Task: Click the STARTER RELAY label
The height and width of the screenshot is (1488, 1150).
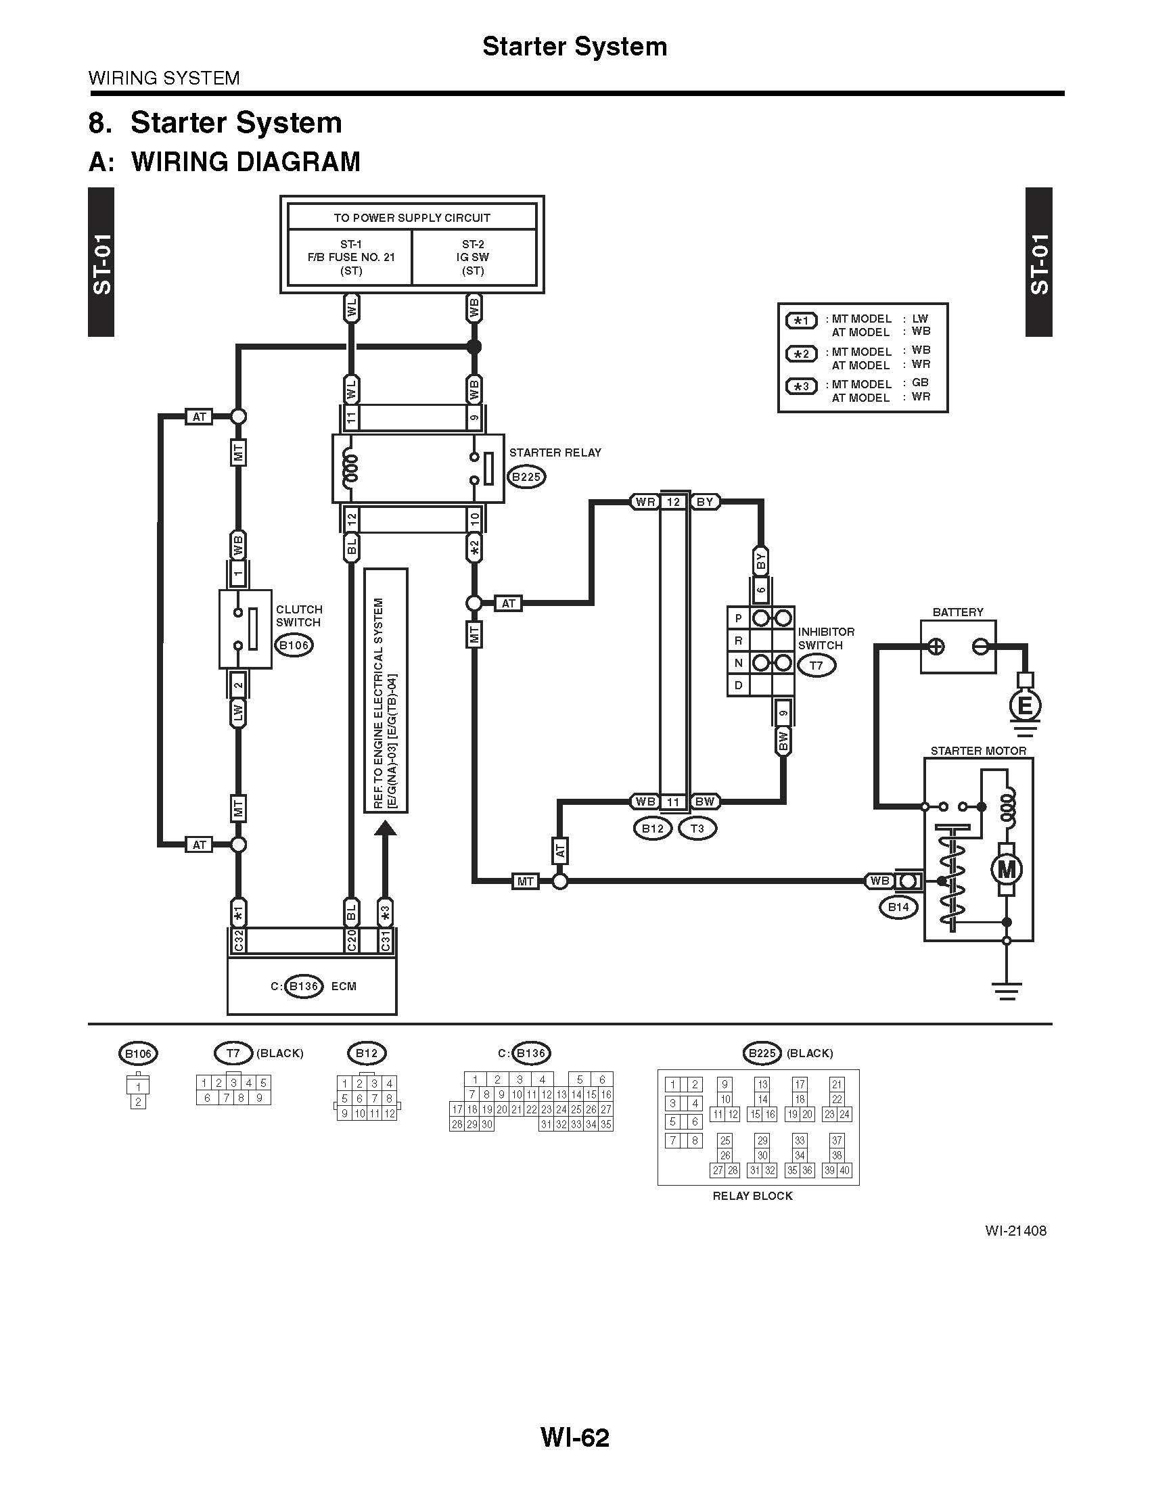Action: [x=555, y=452]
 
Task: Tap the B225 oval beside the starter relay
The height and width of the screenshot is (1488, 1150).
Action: [x=526, y=477]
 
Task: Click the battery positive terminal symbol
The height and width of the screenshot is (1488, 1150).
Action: [x=937, y=647]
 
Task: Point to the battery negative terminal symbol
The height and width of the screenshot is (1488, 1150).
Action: [x=981, y=647]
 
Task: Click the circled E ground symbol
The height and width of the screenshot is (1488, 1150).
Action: [x=1024, y=706]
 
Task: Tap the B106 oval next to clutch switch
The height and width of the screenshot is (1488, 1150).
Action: [x=294, y=645]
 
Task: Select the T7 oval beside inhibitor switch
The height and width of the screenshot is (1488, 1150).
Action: [x=816, y=665]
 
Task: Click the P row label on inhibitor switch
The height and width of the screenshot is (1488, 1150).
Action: [x=738, y=618]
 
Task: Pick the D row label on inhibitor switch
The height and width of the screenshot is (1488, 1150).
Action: [x=738, y=684]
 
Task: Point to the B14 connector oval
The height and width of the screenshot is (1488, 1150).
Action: [x=898, y=907]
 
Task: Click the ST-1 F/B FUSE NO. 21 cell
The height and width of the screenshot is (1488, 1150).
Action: [x=351, y=258]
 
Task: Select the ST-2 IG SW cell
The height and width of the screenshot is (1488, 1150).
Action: [x=474, y=258]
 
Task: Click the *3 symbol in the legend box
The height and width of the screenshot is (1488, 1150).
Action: [x=801, y=386]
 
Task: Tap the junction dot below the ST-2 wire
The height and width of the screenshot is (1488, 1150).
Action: [x=474, y=347]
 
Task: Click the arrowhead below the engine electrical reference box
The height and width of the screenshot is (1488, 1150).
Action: [x=385, y=829]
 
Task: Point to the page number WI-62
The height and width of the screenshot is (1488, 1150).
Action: [x=575, y=1437]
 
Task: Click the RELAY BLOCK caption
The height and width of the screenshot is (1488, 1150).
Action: [x=753, y=1196]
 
